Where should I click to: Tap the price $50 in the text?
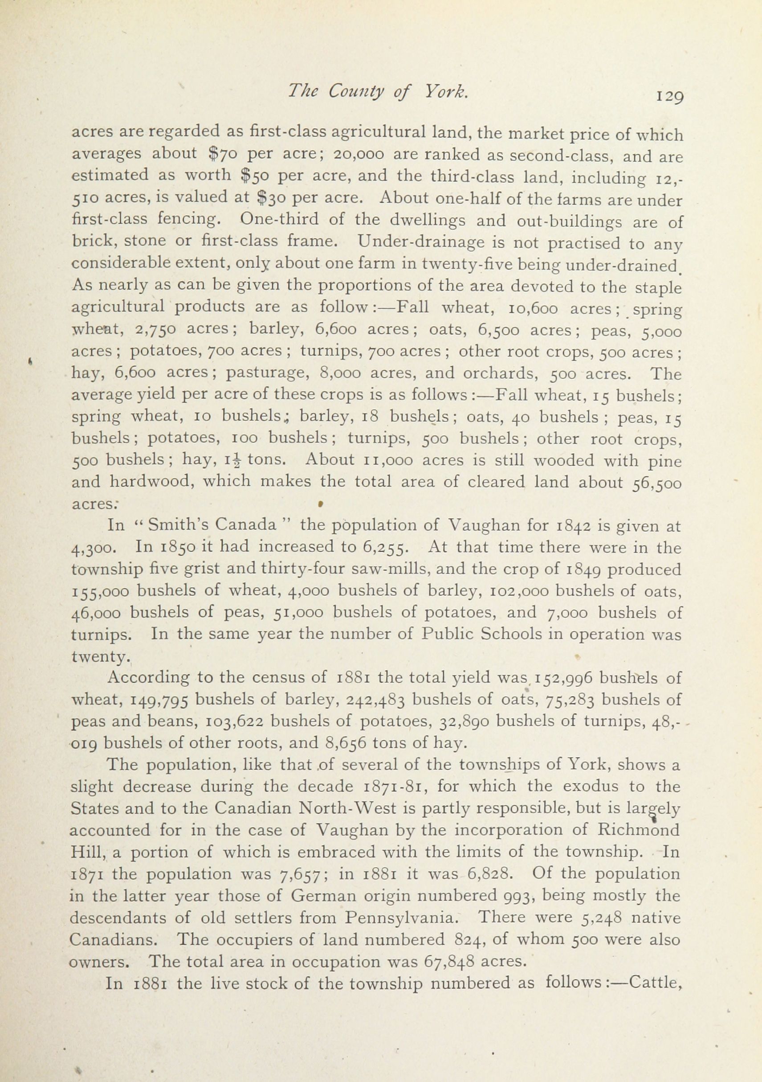255,175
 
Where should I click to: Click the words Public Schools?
475,634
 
